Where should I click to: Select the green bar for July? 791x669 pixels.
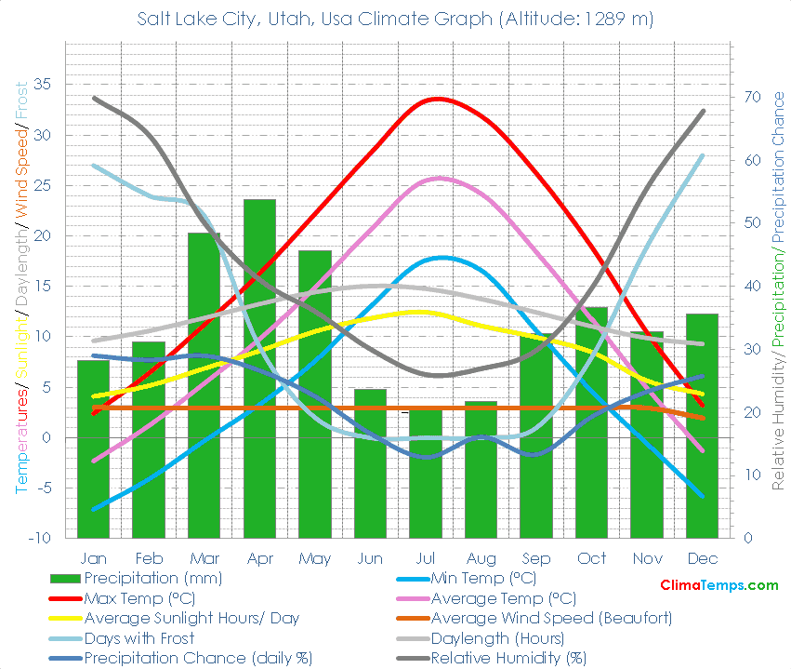(x=426, y=475)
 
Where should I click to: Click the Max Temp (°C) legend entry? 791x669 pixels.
(x=138, y=598)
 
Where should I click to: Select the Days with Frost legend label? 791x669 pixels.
(x=138, y=638)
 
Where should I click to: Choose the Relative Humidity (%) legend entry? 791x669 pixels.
(x=509, y=659)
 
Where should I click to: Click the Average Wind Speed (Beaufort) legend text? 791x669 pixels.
(x=552, y=618)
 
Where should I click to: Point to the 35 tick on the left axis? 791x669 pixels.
(x=43, y=85)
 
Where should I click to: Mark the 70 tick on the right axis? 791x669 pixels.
(x=750, y=97)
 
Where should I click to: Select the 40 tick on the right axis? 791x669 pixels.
(x=750, y=287)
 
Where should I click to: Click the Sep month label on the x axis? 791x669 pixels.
(x=535, y=559)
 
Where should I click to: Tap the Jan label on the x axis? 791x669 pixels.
(x=93, y=559)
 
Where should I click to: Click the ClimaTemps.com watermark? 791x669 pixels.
(x=718, y=585)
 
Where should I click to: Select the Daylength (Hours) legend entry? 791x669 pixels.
(x=497, y=638)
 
